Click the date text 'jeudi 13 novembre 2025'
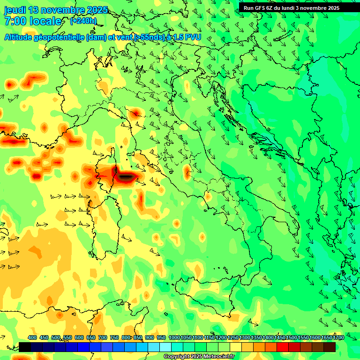tap(56, 10)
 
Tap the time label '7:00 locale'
tap(33, 21)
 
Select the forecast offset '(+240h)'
tap(83, 21)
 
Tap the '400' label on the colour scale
tap(32, 337)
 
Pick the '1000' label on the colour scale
tap(174, 337)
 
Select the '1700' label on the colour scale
tap(338, 337)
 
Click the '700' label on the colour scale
tap(103, 337)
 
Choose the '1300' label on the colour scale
tap(244, 337)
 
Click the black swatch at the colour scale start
tap(25, 347)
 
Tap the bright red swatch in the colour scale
tap(283, 347)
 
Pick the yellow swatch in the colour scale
tap(236, 347)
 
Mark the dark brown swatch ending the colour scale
tap(330, 347)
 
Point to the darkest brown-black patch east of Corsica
tap(127, 177)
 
